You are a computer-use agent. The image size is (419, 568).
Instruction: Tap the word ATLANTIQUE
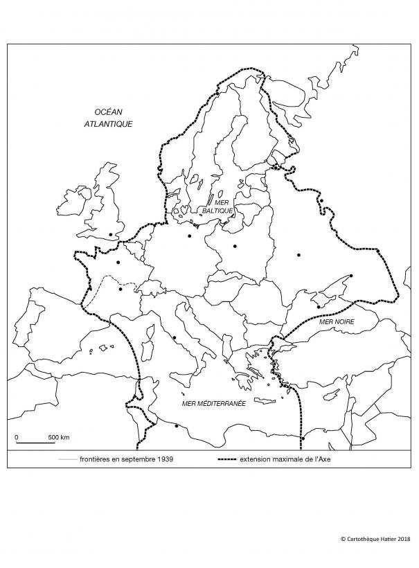pos(113,124)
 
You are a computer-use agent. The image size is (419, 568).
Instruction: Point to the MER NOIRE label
pos(336,323)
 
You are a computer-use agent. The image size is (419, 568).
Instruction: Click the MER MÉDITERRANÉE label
pos(207,403)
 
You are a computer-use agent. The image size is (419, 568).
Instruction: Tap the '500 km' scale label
pos(59,437)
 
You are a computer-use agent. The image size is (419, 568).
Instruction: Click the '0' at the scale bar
pos(17,437)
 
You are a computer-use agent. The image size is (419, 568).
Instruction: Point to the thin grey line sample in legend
pos(67,459)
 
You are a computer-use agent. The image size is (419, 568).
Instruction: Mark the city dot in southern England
pos(111,234)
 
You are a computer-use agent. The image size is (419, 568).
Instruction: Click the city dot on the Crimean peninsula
pos(318,305)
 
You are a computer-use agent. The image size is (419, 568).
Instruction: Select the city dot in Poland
pos(235,246)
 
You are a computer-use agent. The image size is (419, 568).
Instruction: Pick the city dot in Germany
pos(189,236)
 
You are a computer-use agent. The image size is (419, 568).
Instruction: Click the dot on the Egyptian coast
pos(303,438)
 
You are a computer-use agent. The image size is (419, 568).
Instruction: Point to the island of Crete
pos(265,402)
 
